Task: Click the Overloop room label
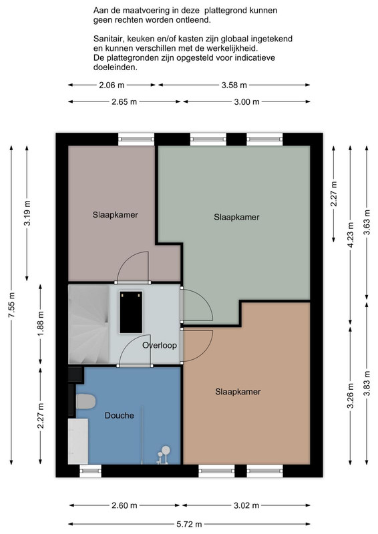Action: (160, 345)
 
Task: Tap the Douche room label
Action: (119, 415)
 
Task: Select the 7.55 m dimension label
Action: (11, 305)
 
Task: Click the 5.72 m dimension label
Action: (189, 524)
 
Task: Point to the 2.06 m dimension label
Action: (112, 85)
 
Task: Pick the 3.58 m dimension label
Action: (234, 85)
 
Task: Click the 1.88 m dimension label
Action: (41, 324)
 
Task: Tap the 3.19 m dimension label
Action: (27, 213)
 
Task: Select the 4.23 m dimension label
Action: (351, 235)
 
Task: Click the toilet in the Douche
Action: (85, 402)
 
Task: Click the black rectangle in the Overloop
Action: (131, 312)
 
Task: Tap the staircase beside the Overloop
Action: (89, 324)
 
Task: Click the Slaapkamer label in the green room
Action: (236, 218)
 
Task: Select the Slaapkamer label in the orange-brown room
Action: (238, 392)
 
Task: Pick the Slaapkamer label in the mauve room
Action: (116, 215)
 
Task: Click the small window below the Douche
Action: (91, 471)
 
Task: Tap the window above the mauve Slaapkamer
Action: (136, 139)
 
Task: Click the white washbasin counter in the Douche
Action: (78, 441)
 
